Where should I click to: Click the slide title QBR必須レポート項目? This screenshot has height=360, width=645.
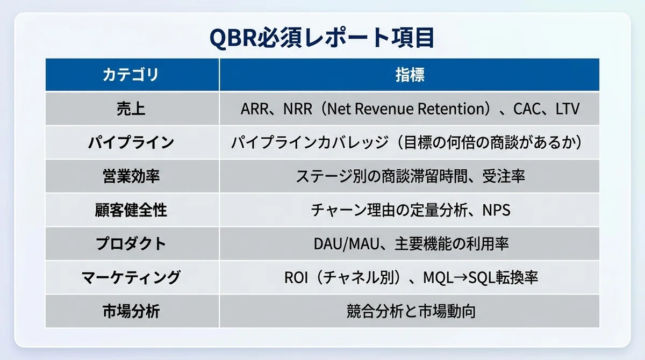tap(322, 38)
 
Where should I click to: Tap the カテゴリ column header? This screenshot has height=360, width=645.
tap(131, 75)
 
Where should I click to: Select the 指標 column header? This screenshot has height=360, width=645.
tap(410, 75)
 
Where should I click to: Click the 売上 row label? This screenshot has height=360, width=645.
tap(131, 109)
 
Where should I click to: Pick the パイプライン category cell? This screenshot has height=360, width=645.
tap(131, 142)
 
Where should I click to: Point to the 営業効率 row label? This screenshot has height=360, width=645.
tap(131, 176)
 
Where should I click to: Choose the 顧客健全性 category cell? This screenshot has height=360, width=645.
tap(131, 210)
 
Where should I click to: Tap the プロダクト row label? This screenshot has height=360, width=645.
tap(131, 244)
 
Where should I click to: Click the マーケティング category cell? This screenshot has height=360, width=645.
tap(131, 277)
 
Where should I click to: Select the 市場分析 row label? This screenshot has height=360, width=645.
tap(131, 311)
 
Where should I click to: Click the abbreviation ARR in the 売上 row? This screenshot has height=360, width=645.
tap(254, 109)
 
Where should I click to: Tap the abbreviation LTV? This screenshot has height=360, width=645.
tap(567, 109)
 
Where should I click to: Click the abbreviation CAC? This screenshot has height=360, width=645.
tap(527, 109)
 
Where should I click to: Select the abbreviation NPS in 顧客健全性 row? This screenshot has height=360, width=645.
tap(496, 210)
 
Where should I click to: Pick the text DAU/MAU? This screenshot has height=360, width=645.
tap(346, 244)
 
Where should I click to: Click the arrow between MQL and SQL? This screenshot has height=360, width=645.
tap(461, 278)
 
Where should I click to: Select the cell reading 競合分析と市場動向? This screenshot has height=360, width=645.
tap(411, 311)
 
